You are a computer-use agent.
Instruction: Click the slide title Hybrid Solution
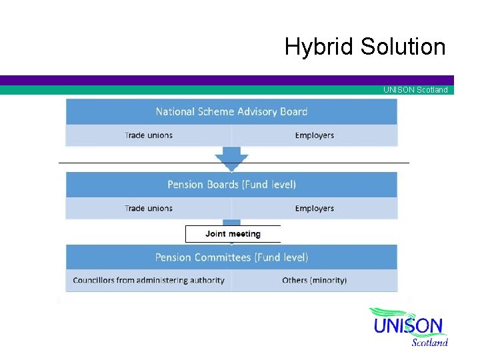365,47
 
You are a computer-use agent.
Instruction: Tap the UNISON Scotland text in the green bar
415,90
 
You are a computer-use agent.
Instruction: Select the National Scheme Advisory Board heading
231,111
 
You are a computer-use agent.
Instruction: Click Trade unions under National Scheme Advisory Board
148,135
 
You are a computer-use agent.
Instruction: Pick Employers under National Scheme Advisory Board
314,135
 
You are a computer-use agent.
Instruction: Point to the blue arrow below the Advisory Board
231,160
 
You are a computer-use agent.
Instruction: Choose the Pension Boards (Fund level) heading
231,184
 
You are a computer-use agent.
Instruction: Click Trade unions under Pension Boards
148,209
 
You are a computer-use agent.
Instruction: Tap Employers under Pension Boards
314,209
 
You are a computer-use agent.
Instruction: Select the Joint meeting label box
233,234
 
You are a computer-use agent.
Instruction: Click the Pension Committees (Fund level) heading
231,257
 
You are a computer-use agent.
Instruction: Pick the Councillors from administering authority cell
148,280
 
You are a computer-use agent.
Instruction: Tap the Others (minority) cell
314,280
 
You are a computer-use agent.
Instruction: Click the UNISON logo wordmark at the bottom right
408,327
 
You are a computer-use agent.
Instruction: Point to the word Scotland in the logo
429,343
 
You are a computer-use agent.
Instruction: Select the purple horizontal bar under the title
227,80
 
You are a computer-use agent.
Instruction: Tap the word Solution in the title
403,47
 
